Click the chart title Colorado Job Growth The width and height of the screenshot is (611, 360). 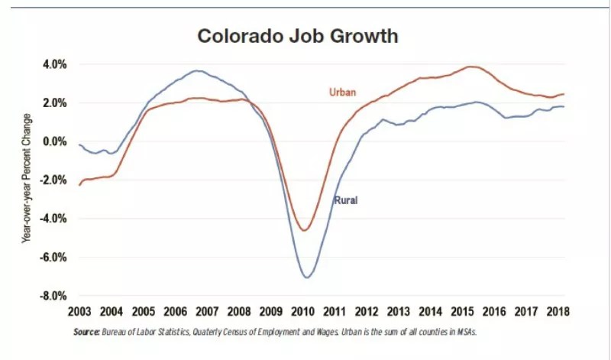[x=299, y=36]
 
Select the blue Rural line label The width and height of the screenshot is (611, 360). [x=345, y=200]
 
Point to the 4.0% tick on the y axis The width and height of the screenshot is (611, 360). [x=54, y=64]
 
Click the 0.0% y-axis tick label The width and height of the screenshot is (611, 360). [x=54, y=141]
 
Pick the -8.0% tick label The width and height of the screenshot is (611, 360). [x=53, y=296]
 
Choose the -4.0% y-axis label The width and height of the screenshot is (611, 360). [x=53, y=219]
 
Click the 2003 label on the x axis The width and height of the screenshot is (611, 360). [x=79, y=312]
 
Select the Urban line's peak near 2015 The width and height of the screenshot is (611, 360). [x=473, y=67]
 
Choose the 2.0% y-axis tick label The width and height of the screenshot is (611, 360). [x=54, y=102]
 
